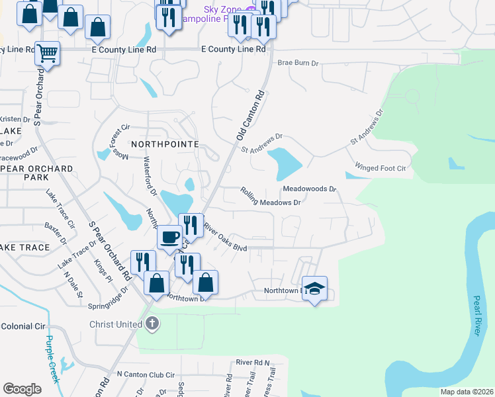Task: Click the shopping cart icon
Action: click(x=47, y=52)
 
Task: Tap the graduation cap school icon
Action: click(x=315, y=288)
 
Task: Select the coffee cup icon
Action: click(x=169, y=236)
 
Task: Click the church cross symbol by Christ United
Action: click(x=152, y=324)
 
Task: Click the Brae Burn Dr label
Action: click(x=298, y=63)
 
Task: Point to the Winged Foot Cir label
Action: click(x=380, y=168)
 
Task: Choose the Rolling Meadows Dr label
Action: click(x=271, y=197)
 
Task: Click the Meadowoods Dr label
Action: click(x=310, y=189)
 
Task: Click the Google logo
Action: click(x=22, y=388)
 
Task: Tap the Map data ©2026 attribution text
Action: click(x=467, y=392)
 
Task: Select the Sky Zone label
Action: click(x=220, y=9)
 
